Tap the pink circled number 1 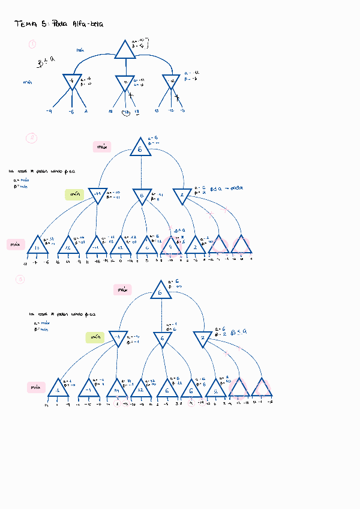(x=32, y=43)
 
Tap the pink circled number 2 (x=31, y=139)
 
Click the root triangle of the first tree (x=125, y=50)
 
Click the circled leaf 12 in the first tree (x=126, y=112)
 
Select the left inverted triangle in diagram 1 (x=71, y=81)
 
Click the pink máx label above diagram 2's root (x=103, y=146)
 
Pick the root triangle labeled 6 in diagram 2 (x=140, y=148)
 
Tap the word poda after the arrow (x=236, y=188)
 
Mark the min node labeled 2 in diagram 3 (x=203, y=339)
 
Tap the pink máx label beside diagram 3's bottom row (x=37, y=387)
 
